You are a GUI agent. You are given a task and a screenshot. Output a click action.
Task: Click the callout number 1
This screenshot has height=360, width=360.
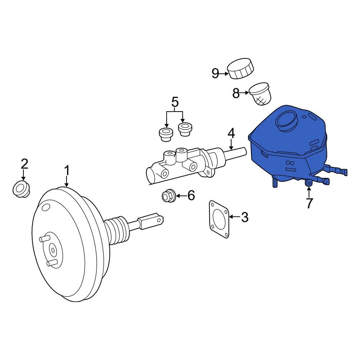[67, 171]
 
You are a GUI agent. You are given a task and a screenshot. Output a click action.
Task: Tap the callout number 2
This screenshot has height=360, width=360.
[24, 164]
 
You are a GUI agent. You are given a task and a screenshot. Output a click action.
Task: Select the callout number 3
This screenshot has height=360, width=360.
[244, 217]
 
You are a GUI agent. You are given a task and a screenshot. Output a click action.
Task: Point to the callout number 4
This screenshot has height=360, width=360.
[231, 133]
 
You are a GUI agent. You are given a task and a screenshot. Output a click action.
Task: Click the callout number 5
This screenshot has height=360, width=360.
[175, 102]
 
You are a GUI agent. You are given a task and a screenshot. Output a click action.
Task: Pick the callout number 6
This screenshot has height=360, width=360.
[190, 196]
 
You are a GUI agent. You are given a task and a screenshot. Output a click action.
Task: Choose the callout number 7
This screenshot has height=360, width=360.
[309, 203]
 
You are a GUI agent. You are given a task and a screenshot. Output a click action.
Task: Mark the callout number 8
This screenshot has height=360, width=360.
[236, 94]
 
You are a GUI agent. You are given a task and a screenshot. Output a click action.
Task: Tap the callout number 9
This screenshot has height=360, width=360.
[215, 74]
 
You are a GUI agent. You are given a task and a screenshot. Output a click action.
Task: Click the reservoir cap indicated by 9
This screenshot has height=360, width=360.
[240, 68]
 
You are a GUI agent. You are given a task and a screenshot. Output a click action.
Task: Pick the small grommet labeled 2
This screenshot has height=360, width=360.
[22, 189]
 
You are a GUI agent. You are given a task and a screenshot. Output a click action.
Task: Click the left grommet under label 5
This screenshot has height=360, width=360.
[166, 134]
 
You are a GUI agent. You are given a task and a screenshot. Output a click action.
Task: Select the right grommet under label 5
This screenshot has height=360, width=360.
[185, 129]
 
